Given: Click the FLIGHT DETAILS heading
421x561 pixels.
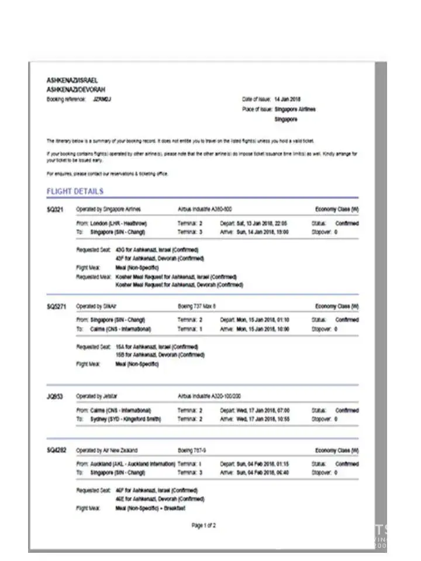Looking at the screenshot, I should tap(75, 191).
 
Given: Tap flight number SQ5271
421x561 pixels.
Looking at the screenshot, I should tap(56, 306).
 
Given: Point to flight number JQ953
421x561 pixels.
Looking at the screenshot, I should tap(54, 397).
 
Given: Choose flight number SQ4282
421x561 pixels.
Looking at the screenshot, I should tap(56, 451).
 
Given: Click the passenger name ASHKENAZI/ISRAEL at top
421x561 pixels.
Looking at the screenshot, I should tap(72, 80).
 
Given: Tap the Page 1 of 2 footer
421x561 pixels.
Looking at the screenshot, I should tap(203, 526).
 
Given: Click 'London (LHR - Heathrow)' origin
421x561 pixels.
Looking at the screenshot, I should tap(119, 223).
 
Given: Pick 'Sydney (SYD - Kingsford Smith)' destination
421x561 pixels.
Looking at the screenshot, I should tap(126, 419).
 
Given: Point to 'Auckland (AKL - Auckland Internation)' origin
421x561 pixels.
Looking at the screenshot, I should tap(133, 463).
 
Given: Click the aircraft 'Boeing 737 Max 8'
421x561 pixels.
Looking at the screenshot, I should tap(196, 306).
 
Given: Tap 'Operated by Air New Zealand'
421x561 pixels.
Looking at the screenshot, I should tap(106, 451).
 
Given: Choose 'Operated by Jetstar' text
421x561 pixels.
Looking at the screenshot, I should tap(98, 397).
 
